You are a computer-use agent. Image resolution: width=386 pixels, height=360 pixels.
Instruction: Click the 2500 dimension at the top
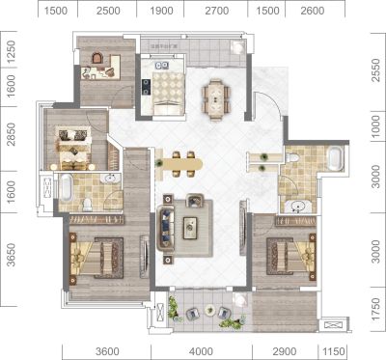tap(108, 11)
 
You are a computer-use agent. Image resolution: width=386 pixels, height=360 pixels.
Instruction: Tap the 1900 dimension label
tap(161, 11)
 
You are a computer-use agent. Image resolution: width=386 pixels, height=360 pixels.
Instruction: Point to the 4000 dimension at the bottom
tap(201, 351)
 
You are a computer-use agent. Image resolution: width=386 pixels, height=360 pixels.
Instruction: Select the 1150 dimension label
tap(334, 351)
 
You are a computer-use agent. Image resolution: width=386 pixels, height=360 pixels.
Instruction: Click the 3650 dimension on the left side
tap(11, 255)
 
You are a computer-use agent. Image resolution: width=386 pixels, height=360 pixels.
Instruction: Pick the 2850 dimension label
tap(11, 134)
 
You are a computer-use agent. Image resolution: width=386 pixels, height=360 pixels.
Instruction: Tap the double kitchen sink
tap(162, 66)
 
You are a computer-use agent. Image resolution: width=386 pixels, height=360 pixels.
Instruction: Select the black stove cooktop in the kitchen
tap(147, 87)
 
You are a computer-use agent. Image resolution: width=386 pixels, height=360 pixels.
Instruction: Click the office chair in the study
tap(97, 58)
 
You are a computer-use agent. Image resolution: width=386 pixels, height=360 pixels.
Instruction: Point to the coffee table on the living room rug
tap(190, 228)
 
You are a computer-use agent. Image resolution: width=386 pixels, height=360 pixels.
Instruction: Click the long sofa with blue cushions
tap(165, 229)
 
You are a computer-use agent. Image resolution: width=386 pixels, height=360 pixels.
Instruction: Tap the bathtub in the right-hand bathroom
tap(335, 158)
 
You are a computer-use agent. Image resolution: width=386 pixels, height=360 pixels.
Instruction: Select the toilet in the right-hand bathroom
tap(292, 157)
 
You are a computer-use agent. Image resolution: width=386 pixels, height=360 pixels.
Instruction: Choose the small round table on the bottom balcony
tap(209, 310)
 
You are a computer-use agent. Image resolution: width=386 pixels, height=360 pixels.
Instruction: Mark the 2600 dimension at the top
tap(313, 11)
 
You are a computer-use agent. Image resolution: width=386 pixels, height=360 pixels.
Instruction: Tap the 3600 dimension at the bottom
tap(107, 351)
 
